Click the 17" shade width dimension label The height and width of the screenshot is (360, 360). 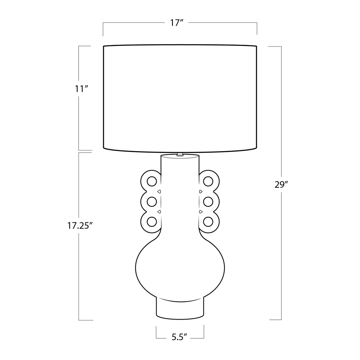pos(177,23)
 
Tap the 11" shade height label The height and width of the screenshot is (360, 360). pos(81,89)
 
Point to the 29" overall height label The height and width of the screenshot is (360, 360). pos(281,185)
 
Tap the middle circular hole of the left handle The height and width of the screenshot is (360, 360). pos(152,201)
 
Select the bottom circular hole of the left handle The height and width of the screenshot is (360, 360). pos(152,222)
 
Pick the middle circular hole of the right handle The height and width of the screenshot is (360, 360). pos(208,201)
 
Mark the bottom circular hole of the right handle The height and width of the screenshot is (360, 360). pos(208,222)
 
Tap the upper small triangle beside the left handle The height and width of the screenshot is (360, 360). pos(159,191)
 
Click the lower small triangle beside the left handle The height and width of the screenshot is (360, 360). pos(159,212)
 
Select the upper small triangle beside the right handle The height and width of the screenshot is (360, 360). pos(200,191)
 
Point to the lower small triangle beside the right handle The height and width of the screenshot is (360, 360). pos(200,212)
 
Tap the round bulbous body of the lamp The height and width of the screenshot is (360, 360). pos(180,264)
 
